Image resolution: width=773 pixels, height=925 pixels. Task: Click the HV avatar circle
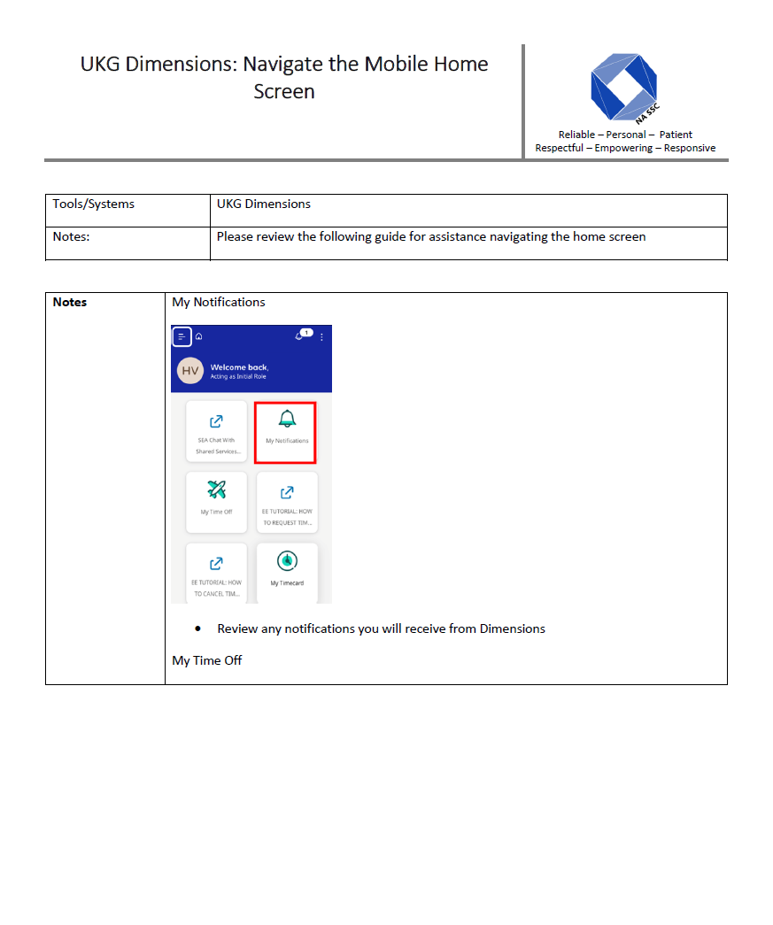point(190,371)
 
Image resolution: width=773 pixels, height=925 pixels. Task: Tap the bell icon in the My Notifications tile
point(287,419)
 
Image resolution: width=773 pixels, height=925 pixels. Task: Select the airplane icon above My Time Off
point(216,489)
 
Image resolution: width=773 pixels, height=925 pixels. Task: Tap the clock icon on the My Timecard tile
point(287,560)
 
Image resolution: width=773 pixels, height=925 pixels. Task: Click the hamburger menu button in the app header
point(182,336)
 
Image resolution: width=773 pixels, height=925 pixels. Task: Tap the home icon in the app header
point(199,336)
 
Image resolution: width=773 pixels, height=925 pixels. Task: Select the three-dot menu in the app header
point(321,336)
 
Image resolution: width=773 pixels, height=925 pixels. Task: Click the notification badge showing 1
point(305,333)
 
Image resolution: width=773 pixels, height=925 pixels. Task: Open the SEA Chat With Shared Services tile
point(217,431)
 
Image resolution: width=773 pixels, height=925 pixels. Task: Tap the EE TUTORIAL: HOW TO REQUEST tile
point(287,502)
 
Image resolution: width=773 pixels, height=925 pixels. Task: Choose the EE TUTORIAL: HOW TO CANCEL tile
point(217,573)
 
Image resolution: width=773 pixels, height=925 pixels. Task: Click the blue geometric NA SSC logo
point(623,87)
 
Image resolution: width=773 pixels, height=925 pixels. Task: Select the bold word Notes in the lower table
point(70,303)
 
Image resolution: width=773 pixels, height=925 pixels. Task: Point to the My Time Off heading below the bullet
point(207,660)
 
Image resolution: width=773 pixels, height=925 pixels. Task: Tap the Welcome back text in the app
point(239,366)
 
